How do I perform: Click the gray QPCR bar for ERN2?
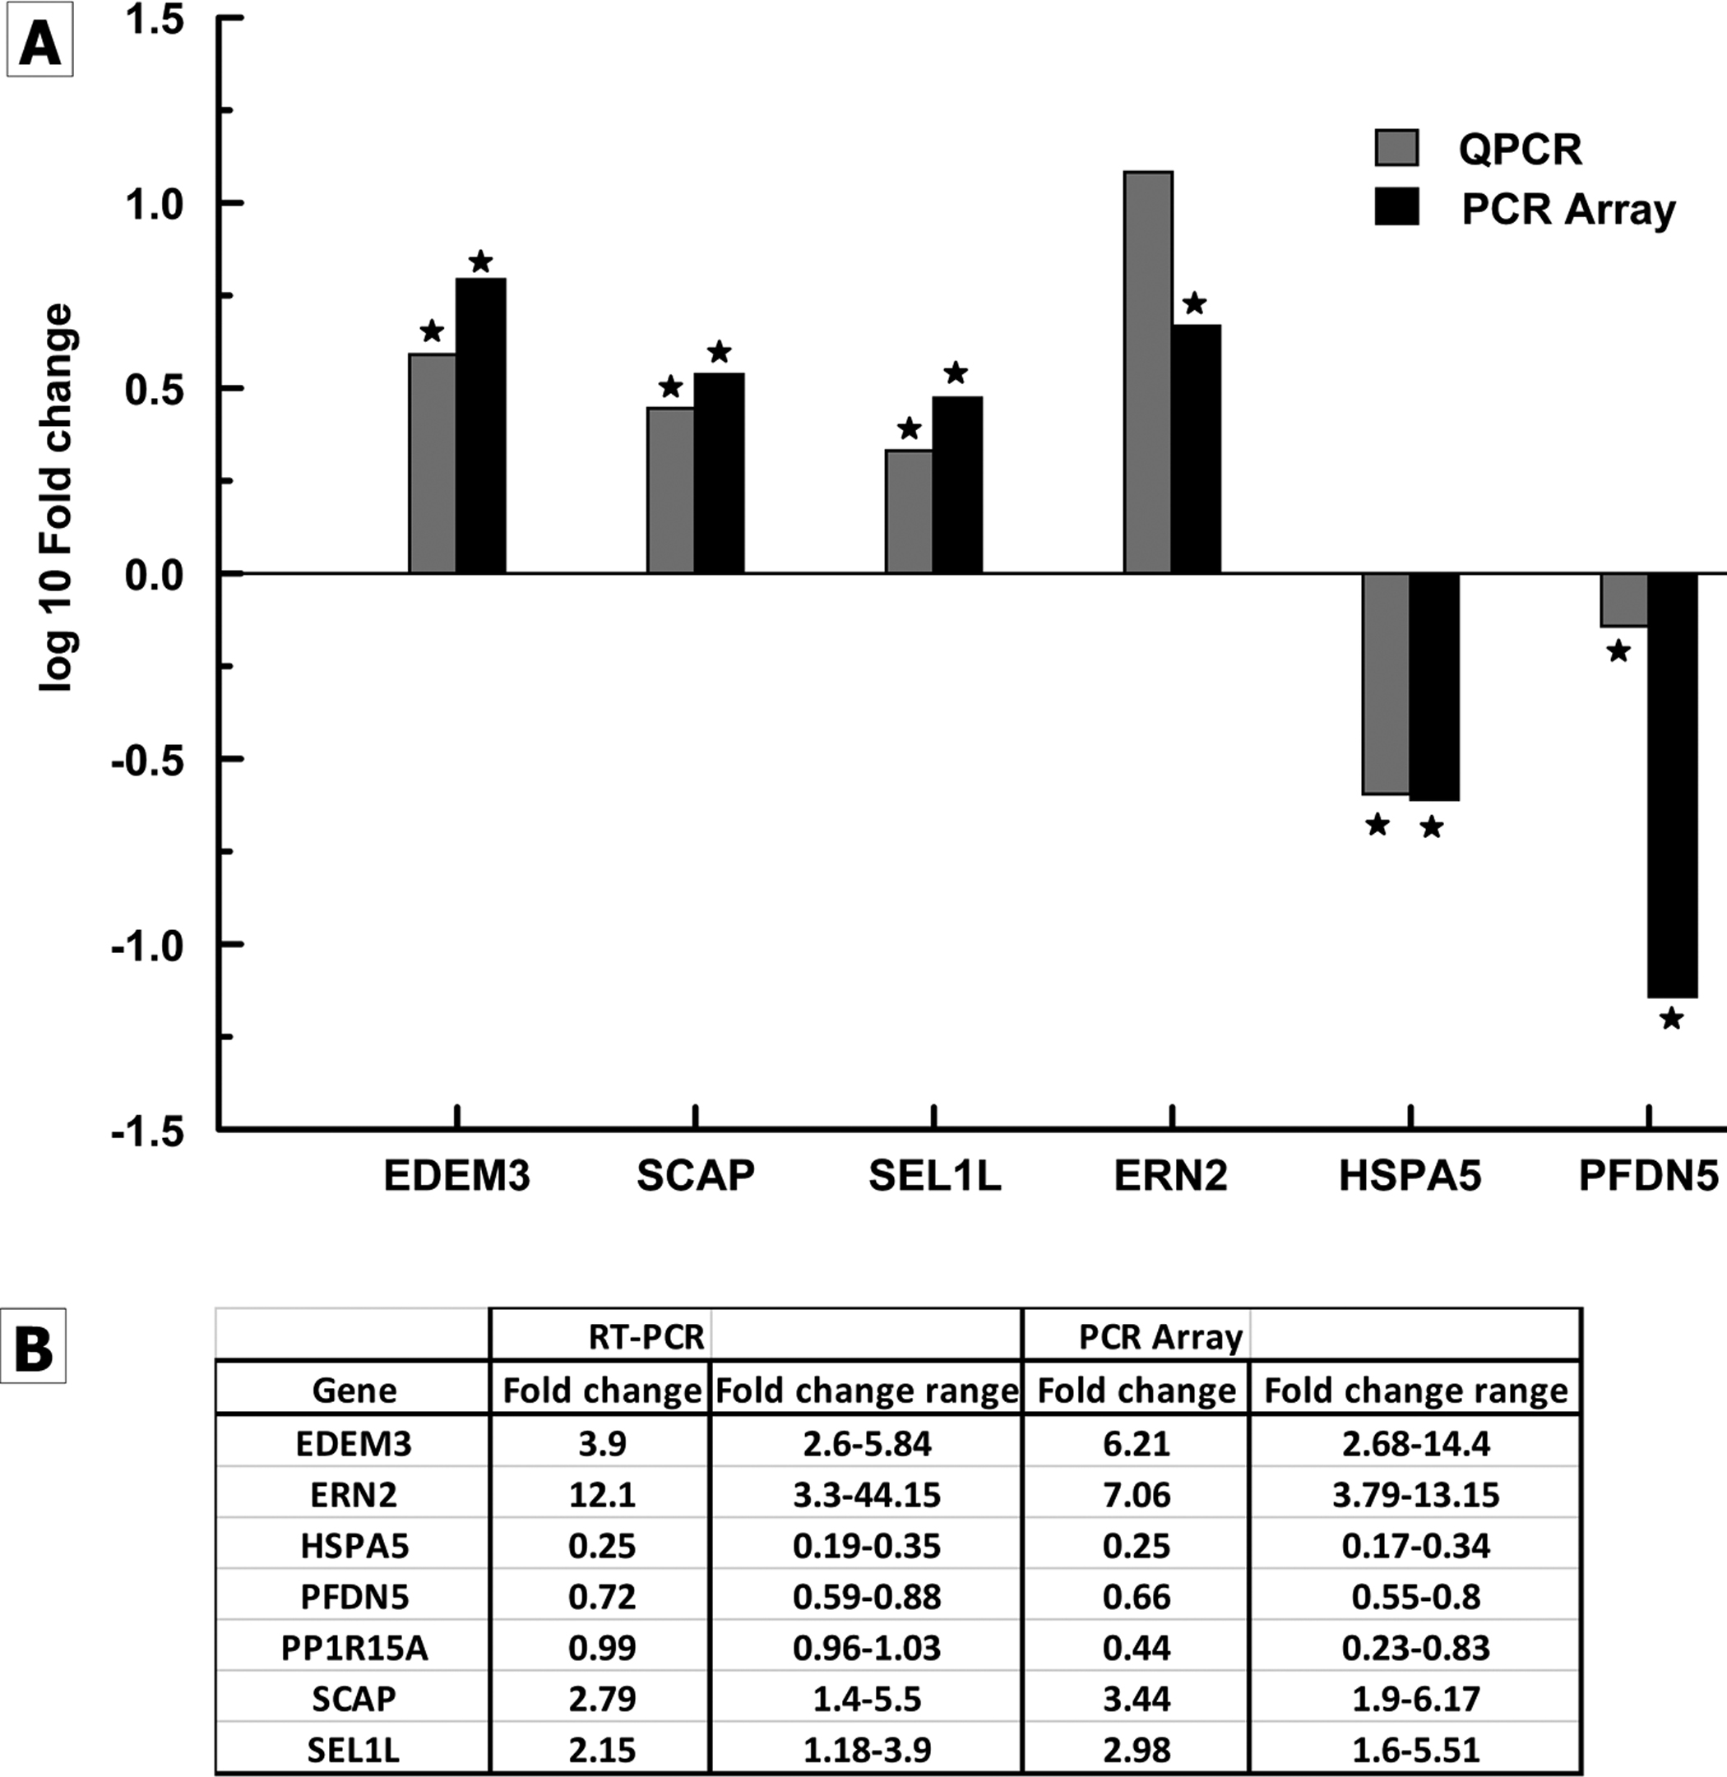tap(1147, 372)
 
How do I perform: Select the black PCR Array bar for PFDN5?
tap(1672, 784)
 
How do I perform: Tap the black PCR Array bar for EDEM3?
tap(481, 425)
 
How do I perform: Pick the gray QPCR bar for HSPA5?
tap(1386, 683)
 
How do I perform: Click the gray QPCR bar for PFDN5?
tap(1623, 599)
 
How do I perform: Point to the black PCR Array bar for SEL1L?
tap(957, 484)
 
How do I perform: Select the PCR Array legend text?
tap(1568, 210)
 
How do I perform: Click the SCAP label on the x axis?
tap(696, 1176)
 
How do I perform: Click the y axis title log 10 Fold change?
tap(56, 499)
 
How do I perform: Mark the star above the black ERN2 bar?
tap(1195, 303)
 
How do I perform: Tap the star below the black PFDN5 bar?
tap(1671, 1019)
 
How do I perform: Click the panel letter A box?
tap(39, 44)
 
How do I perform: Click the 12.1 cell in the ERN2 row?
tap(601, 1495)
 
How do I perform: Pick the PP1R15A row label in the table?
tap(354, 1648)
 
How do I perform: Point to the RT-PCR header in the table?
tap(646, 1337)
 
